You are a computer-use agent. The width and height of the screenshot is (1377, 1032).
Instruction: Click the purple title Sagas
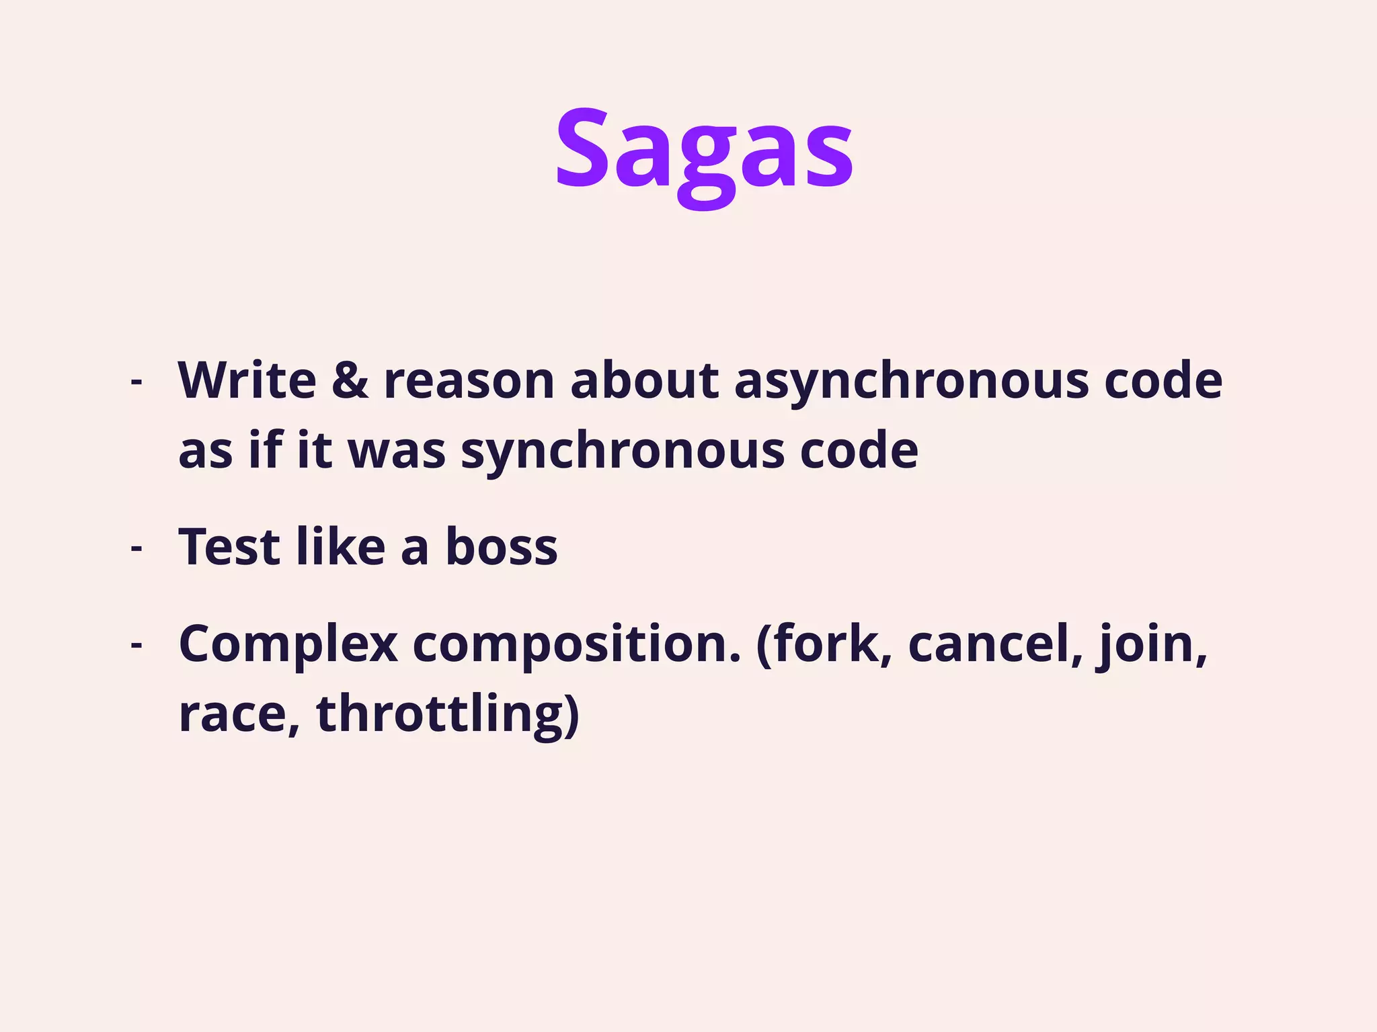703,151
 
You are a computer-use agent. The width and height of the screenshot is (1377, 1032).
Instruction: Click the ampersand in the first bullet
350,380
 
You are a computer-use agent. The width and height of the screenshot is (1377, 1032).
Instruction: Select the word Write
247,380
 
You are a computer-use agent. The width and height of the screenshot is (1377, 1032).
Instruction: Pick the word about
645,380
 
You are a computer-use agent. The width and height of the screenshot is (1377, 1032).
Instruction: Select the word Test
229,546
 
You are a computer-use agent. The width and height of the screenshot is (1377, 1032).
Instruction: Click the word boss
501,546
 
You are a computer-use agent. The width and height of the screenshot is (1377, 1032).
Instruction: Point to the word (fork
824,644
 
